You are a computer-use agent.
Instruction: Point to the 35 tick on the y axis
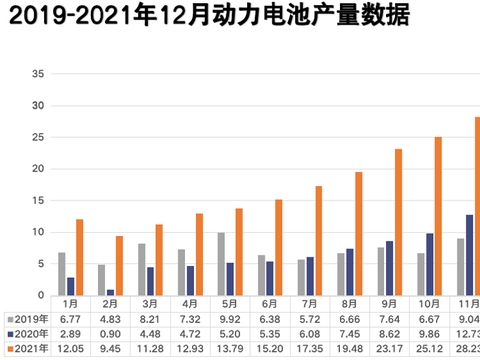point(38,74)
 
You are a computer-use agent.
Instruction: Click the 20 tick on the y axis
point(38,169)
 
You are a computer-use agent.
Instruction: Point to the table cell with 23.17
point(380,348)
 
